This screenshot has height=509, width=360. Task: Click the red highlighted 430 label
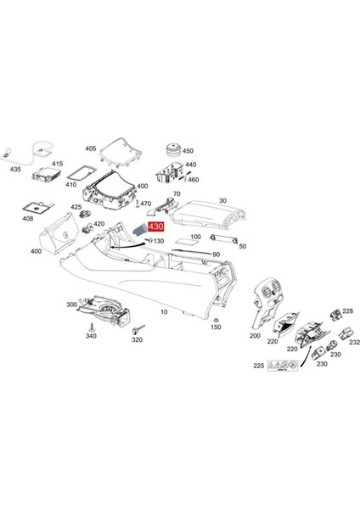coord(156,227)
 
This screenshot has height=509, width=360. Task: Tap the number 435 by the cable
coord(15,170)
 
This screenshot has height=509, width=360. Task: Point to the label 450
coord(188,152)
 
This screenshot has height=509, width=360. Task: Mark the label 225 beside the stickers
coord(258,366)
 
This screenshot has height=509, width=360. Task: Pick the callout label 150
coord(216,327)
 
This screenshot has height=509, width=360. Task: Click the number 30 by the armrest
coord(223,200)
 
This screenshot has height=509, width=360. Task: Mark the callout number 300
coord(71,303)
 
